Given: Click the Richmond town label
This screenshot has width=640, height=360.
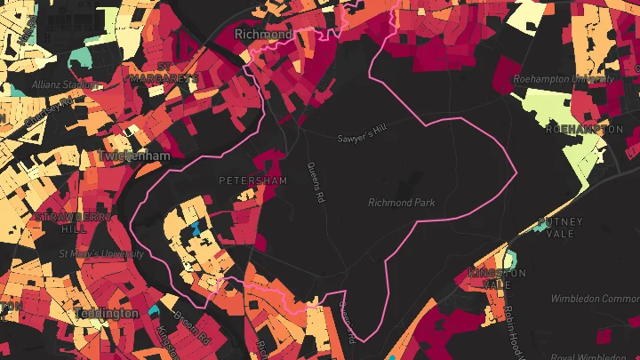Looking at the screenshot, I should [262, 34].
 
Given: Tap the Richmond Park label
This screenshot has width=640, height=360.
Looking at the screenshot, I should [402, 203].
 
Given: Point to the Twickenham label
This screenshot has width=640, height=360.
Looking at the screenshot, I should [134, 156].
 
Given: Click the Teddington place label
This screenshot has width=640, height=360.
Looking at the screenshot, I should [107, 314].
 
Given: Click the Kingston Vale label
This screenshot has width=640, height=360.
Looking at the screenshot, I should [492, 278].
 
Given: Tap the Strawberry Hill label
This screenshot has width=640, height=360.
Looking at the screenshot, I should [62, 222].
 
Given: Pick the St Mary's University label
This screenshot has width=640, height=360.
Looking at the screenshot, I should [100, 253].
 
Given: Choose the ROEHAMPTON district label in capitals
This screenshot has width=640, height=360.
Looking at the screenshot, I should [584, 129].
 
